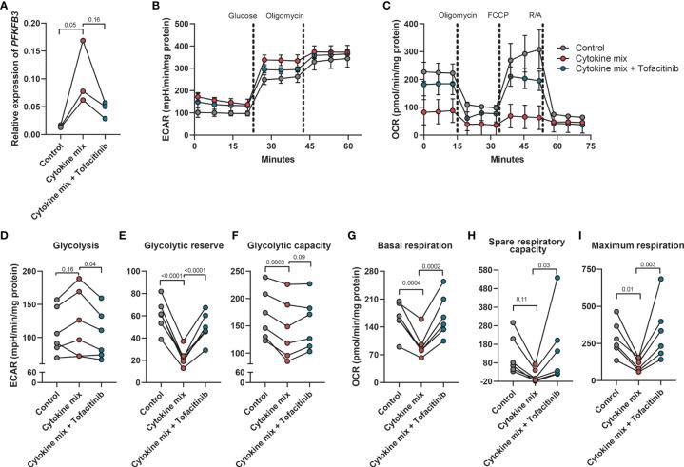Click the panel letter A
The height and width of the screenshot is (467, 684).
(x=7, y=9)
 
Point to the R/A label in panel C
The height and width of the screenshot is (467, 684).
(x=536, y=15)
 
